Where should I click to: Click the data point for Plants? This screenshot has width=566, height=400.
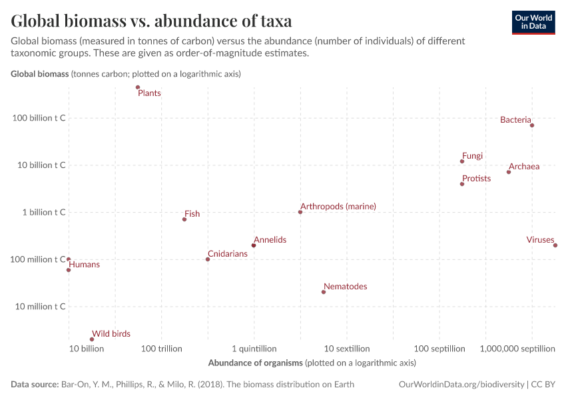click(138, 87)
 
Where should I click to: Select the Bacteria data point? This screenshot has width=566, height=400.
click(532, 125)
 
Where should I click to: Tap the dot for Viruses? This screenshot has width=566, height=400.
click(555, 245)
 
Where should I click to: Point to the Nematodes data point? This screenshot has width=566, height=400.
click(324, 292)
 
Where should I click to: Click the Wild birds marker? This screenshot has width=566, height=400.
click(92, 339)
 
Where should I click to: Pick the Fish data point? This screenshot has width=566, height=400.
click(184, 219)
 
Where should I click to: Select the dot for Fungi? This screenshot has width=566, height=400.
click(462, 161)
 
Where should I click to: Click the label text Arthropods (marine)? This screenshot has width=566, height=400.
click(338, 207)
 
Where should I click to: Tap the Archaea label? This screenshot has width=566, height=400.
click(523, 167)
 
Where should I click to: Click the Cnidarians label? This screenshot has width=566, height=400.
click(227, 254)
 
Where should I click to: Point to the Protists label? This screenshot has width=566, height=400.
click(476, 179)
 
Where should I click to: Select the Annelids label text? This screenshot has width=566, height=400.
click(270, 239)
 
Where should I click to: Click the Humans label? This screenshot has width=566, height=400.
click(84, 265)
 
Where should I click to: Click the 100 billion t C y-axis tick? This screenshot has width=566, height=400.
click(39, 118)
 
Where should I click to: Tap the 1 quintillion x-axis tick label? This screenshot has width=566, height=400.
click(254, 349)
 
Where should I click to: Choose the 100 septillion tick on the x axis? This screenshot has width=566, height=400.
click(439, 349)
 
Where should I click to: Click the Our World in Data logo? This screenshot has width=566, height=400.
click(533, 22)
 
